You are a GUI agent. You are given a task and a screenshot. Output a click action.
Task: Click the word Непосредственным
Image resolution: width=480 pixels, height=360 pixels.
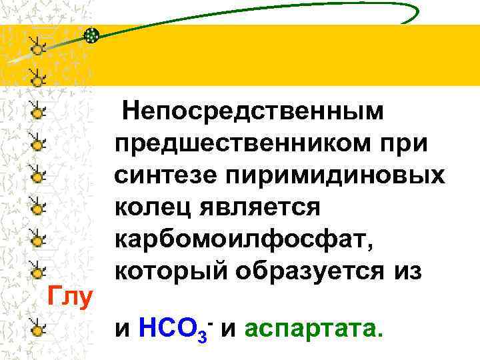(x=254, y=111)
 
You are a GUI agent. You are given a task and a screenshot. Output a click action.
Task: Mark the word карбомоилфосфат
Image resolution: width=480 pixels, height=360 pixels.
(x=243, y=239)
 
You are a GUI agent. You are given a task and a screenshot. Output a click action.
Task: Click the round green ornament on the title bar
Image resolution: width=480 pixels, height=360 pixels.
(x=93, y=35)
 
